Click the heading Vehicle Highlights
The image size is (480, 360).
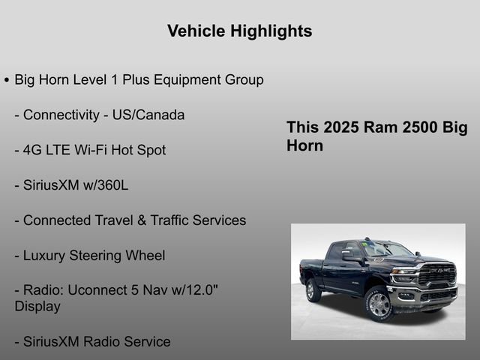coord(239,31)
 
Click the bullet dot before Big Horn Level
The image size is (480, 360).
coord(7,79)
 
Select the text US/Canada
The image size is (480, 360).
coord(145,115)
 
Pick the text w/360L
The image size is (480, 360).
coord(104,185)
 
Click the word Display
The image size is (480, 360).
coord(37,306)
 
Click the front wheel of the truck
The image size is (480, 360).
coord(379,304)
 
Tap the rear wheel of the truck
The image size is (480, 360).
coord(313,289)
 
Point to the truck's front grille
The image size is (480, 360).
coord(436,274)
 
